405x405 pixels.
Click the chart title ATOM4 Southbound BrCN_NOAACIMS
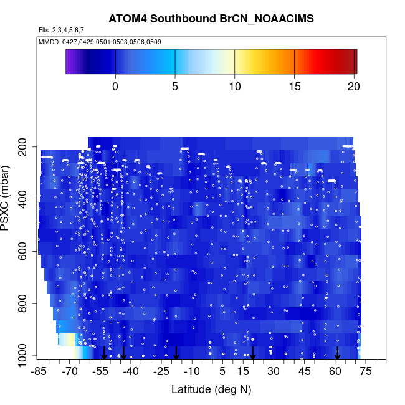coord(211,18)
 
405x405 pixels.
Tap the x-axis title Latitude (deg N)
coord(211,389)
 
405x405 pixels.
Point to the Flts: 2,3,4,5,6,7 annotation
coord(61,30)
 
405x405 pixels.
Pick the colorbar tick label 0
coord(115,87)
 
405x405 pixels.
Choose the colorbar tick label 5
coord(175,87)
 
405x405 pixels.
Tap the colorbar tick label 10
coord(234,87)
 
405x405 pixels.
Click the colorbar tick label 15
coord(294,87)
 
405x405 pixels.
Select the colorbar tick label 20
coord(353,87)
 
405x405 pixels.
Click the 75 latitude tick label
coord(366,371)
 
